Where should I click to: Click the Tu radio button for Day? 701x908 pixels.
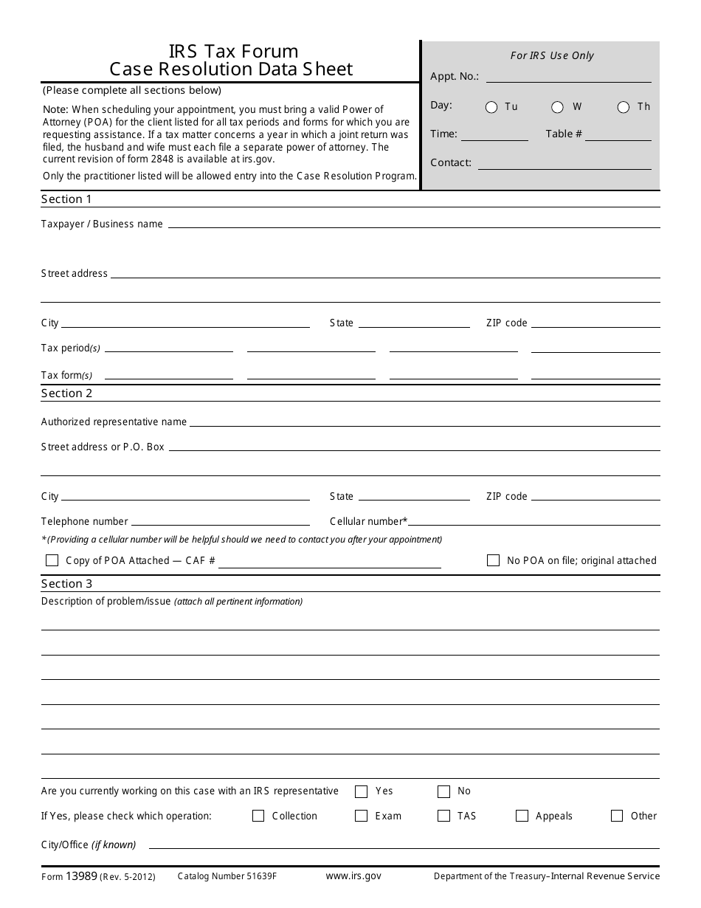pyautogui.click(x=491, y=107)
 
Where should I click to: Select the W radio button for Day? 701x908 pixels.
pyautogui.click(x=558, y=107)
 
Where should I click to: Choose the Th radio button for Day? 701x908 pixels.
pyautogui.click(x=624, y=107)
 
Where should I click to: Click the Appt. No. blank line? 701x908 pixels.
pyautogui.click(x=568, y=77)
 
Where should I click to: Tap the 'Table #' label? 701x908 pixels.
pyautogui.click(x=564, y=134)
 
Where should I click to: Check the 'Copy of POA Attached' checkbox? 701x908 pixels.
pyautogui.click(x=52, y=560)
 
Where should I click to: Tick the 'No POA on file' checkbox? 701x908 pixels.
pyautogui.click(x=493, y=560)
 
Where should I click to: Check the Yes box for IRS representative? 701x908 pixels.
pyautogui.click(x=361, y=791)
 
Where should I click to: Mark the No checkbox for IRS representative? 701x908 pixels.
pyautogui.click(x=443, y=791)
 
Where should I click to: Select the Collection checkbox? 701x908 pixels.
pyautogui.click(x=258, y=816)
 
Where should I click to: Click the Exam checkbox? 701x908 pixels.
pyautogui.click(x=361, y=816)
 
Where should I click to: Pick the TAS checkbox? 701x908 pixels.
pyautogui.click(x=443, y=816)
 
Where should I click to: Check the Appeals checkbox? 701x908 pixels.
pyautogui.click(x=522, y=816)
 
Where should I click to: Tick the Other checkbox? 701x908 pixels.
pyautogui.click(x=617, y=816)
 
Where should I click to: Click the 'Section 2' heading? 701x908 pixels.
pyautogui.click(x=66, y=393)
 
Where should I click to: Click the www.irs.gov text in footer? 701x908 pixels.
pyautogui.click(x=353, y=876)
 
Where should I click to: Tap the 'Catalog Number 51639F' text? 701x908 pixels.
pyautogui.click(x=227, y=876)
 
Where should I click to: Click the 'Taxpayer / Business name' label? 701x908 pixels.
pyautogui.click(x=102, y=224)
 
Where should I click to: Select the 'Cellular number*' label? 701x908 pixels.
pyautogui.click(x=368, y=521)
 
